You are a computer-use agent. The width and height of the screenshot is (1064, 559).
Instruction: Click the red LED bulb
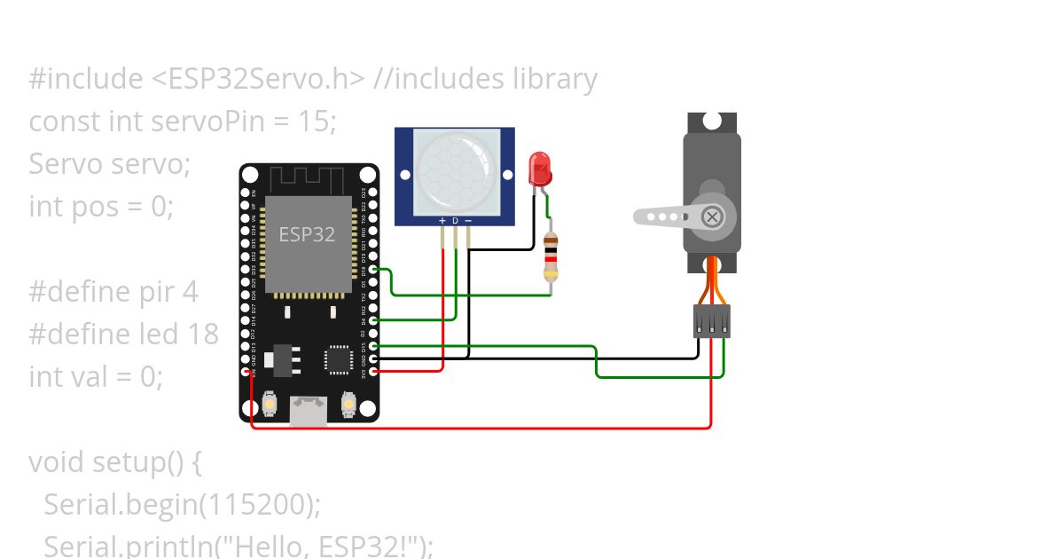click(538, 168)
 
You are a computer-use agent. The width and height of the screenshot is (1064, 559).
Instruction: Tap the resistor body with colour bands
click(551, 258)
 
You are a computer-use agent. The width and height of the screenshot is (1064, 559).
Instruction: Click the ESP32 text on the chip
click(307, 234)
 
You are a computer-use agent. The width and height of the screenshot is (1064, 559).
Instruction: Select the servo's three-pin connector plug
click(712, 321)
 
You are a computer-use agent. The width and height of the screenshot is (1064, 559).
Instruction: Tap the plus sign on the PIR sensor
click(442, 220)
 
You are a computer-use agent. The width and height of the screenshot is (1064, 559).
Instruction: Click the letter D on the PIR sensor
click(456, 220)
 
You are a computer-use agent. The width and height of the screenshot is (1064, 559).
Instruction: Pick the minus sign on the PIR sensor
click(468, 220)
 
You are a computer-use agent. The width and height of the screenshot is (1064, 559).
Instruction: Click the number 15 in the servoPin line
click(313, 121)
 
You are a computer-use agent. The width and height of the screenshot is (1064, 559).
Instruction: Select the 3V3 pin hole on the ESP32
click(373, 372)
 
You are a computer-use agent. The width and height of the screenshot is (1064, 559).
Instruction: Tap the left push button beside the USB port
click(269, 406)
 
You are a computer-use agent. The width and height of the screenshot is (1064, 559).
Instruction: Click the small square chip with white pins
click(337, 358)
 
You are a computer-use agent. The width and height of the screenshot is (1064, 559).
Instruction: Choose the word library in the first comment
click(555, 79)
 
